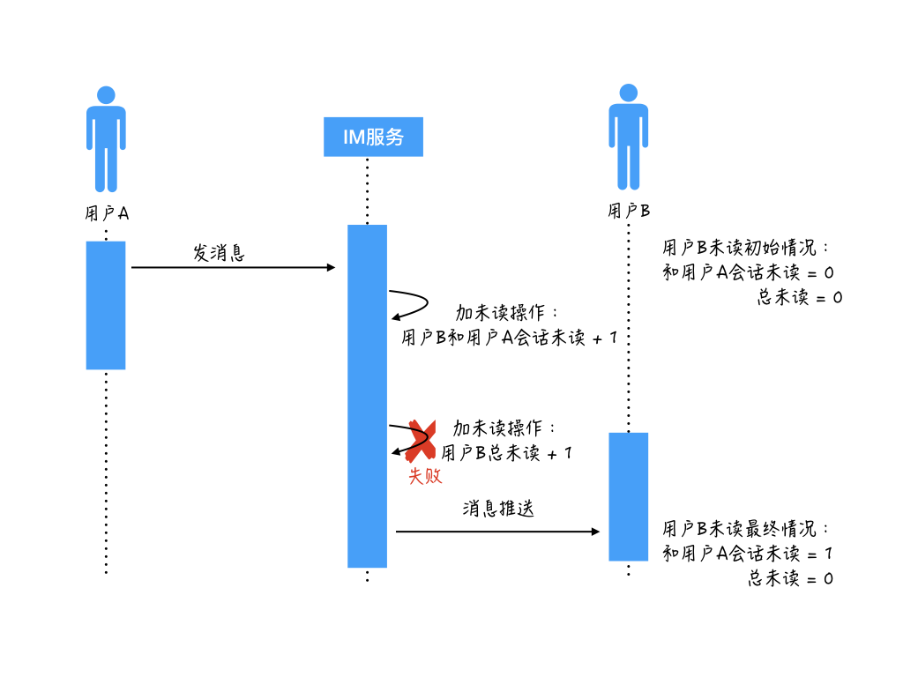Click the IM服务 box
pos(373,137)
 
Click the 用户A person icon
pos(106,138)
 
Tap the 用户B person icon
pos(628,137)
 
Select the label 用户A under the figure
pos(106,213)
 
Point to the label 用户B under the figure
pos(628,212)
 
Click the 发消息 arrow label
pos(219,253)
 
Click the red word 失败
pos(424,477)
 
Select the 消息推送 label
pos(498,509)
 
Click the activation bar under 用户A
pos(106,305)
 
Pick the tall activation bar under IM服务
pos(367,396)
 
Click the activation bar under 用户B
pos(628,496)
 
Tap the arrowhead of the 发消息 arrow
pos(332,267)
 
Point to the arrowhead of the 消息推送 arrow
pos(595,532)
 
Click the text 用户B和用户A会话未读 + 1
pos(509,338)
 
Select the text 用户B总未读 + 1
pos(506,453)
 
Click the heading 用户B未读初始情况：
pos(746,248)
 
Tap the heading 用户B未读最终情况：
pos(746,529)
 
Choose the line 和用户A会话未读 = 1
pos(748,554)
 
